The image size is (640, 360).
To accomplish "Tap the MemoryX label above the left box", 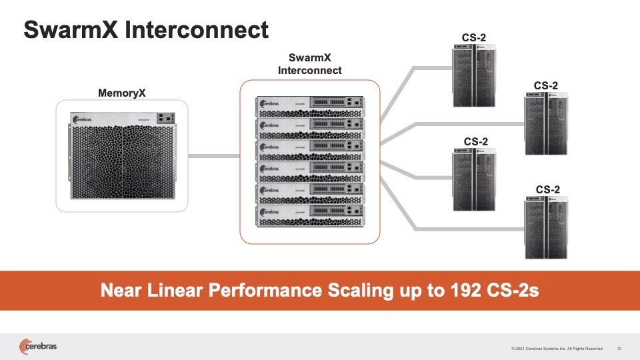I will tap(121, 93).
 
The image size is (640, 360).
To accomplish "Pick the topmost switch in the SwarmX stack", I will tap(310, 105).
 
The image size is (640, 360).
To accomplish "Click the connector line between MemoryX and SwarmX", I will tap(213, 157).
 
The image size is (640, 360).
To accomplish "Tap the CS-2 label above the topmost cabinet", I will tap(475, 37).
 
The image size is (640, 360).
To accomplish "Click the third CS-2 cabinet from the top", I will tap(475, 179).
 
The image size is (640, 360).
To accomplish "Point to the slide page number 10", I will tap(619, 348).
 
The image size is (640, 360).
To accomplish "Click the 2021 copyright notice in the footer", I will tap(557, 348).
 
